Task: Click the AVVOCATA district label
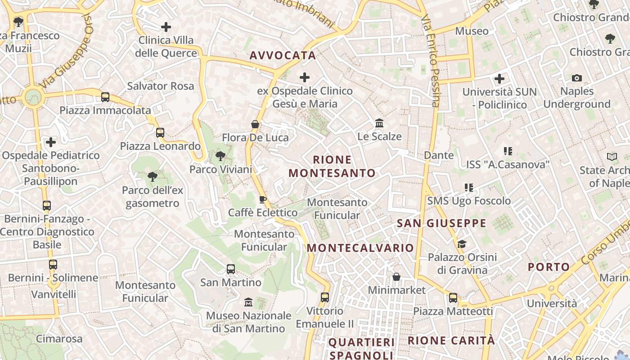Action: (x=283, y=55)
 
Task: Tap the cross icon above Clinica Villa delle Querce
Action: (x=166, y=27)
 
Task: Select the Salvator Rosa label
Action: (x=161, y=86)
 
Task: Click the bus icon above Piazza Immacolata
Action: (x=105, y=97)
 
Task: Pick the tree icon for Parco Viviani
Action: (x=220, y=156)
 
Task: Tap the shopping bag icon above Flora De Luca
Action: (x=255, y=124)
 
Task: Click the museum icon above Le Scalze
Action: (x=379, y=123)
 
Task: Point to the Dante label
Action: (x=439, y=155)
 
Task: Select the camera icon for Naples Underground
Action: (x=576, y=78)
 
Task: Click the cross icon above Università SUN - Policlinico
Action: (x=499, y=79)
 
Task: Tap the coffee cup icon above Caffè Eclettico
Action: (x=263, y=199)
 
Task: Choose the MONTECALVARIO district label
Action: (x=360, y=248)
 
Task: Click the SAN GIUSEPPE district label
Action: (x=441, y=223)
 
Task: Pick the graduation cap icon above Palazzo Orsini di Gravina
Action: (x=462, y=244)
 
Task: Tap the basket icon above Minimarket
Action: (x=396, y=277)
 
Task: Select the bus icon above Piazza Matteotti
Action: (x=453, y=298)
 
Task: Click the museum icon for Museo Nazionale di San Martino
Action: (x=248, y=302)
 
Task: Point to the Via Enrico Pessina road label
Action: (x=430, y=61)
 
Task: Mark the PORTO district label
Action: (x=549, y=267)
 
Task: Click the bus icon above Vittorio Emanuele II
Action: (x=325, y=297)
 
